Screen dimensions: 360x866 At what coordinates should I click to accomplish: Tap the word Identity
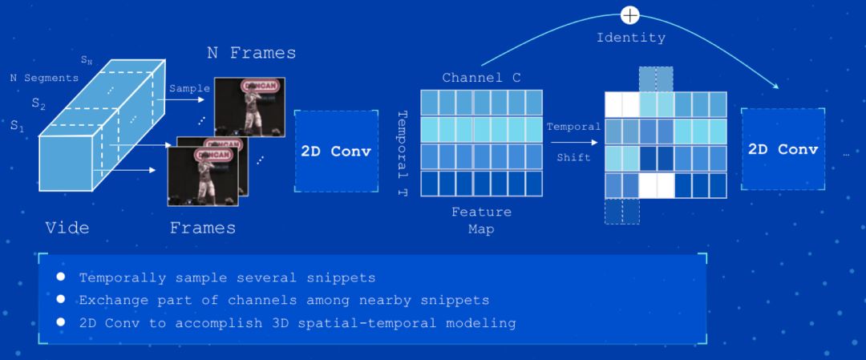pyautogui.click(x=631, y=37)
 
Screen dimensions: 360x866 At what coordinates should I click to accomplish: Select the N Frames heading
pyautogui.click(x=251, y=53)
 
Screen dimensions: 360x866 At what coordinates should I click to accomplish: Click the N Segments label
pyautogui.click(x=44, y=78)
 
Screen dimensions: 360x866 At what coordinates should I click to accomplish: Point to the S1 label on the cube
pyautogui.click(x=17, y=126)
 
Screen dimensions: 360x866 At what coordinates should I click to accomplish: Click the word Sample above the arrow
pyautogui.click(x=189, y=88)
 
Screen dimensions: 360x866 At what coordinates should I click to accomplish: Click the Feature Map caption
pyautogui.click(x=481, y=220)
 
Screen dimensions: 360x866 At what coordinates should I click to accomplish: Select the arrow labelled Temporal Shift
pyautogui.click(x=573, y=142)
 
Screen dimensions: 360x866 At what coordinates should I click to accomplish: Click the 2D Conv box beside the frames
pyautogui.click(x=336, y=152)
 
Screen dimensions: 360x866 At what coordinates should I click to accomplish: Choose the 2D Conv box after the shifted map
pyautogui.click(x=783, y=150)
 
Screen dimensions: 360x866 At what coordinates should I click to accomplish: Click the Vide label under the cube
pyautogui.click(x=67, y=228)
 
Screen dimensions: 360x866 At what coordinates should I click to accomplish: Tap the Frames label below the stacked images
pyautogui.click(x=203, y=228)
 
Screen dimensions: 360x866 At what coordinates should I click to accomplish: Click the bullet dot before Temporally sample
pyautogui.click(x=60, y=277)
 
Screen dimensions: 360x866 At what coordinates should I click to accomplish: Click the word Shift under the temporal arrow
pyautogui.click(x=573, y=157)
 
